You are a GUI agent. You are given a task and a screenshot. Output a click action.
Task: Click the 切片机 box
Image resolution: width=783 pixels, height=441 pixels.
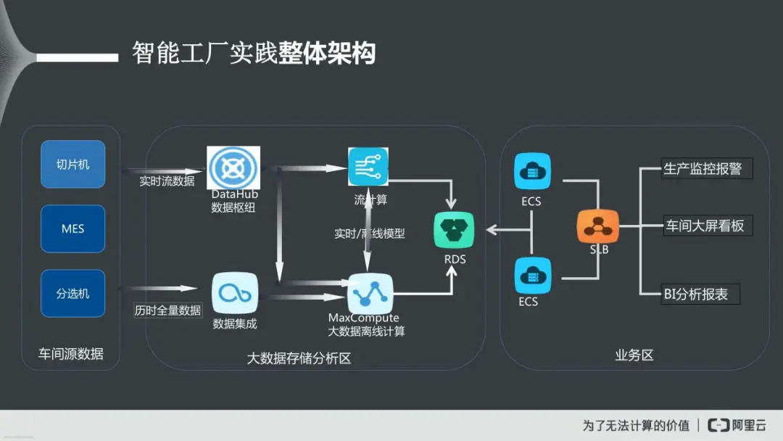coord(72,164)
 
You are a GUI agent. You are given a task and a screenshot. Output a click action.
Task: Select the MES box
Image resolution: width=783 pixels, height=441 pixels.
coord(72,228)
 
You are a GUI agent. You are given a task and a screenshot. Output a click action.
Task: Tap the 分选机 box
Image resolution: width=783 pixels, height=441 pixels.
coord(72,293)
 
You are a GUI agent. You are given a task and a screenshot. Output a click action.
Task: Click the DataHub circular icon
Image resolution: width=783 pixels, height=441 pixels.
coord(233,168)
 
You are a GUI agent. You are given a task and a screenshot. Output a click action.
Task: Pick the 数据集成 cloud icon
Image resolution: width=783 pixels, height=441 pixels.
coord(234,293)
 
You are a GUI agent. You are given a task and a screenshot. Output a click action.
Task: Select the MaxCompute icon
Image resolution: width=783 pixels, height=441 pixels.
coord(370,292)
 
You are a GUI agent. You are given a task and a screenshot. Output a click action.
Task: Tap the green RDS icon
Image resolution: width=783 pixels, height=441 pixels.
coord(455,230)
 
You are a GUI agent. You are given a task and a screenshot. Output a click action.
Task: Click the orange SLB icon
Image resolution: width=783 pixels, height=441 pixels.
coord(598,226)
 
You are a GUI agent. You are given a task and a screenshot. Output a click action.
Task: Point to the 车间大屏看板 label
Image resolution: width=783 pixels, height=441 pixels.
coord(705,226)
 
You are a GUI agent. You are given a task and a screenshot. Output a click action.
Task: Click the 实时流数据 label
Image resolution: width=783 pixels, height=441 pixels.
coord(167,181)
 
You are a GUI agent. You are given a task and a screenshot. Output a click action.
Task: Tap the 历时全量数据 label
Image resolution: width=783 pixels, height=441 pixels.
coord(167,310)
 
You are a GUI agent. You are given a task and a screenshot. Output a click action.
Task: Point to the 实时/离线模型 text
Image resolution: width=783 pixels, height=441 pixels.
coord(369,234)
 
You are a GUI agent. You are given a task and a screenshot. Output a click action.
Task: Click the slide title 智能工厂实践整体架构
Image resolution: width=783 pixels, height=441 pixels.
coord(253,53)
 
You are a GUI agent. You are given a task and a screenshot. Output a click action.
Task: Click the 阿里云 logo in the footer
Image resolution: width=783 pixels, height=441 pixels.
coord(737,425)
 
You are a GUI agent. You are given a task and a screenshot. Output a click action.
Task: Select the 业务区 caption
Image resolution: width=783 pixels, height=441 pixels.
coord(634,355)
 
